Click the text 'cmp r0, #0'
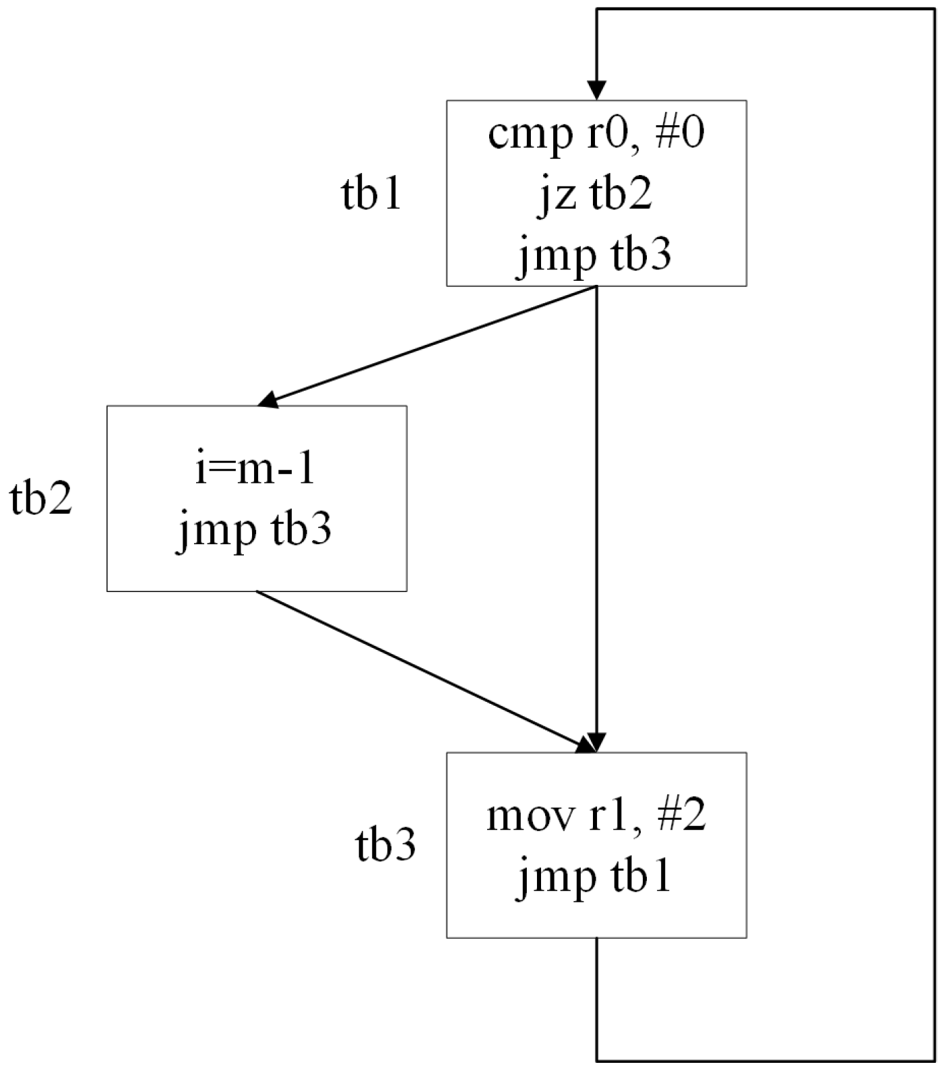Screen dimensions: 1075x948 coord(596,135)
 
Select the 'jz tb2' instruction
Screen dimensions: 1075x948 coord(596,195)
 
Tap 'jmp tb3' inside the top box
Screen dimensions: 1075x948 coord(596,257)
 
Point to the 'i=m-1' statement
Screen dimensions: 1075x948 coord(255,469)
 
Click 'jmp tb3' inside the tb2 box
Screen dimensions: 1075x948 coord(255,531)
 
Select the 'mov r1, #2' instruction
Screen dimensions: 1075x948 coord(596,816)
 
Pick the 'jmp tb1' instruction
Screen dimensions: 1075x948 coord(596,878)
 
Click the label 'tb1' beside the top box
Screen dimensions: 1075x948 coord(371,195)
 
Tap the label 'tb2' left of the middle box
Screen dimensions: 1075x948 coord(41,500)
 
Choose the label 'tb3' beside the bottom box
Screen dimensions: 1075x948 coord(385,846)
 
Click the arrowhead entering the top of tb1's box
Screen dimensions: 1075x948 coord(596,90)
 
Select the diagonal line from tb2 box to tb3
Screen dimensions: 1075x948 coord(418,668)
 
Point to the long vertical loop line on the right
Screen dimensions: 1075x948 coord(935,539)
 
